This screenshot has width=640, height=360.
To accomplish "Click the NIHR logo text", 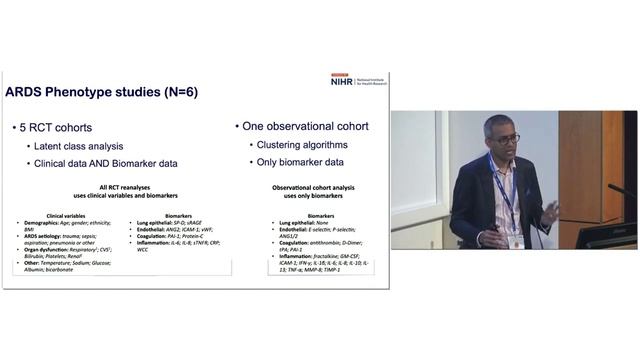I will pos(340,81).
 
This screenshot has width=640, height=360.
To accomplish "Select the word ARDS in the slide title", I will pos(28,93).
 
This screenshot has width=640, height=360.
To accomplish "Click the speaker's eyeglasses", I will pos(506,139).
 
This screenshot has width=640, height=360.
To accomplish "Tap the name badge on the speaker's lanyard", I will pos(516,241).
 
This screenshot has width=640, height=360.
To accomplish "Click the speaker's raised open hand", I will pos(551,212).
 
